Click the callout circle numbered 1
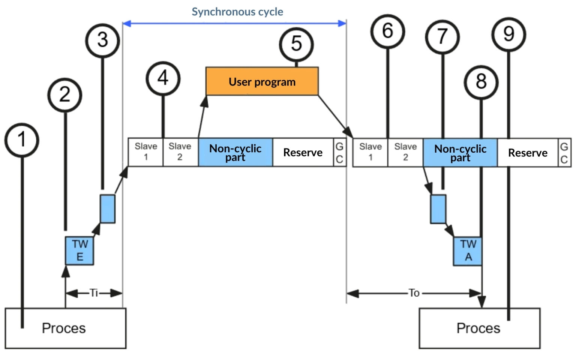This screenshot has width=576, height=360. coord(22,140)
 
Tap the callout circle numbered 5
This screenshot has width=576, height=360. coord(296,44)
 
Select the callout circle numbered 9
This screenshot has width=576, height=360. coord(508,34)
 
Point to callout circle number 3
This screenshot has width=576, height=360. coord(102,40)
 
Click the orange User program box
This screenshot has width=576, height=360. coord(262,81)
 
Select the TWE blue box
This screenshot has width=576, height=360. coord(79,250)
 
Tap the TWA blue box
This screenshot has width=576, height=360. coord(467,251)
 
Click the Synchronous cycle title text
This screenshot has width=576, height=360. coord(237,12)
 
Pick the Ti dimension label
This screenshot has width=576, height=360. coord(94,292)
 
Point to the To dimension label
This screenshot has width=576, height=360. coord(414,293)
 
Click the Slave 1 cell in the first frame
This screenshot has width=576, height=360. coord(145,152)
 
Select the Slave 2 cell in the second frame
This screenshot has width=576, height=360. coord(405,152)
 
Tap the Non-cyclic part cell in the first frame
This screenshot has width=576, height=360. coord(235,152)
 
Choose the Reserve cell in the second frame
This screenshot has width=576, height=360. coord(527,153)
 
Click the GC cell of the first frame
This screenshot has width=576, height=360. coord(339,152)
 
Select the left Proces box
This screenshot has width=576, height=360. coord(65,328)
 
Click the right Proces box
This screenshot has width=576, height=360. coord(479,328)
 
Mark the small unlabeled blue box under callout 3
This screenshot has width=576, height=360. coord(108,208)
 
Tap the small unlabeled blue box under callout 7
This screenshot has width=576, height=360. coord(438,209)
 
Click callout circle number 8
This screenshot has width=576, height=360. coord(481,82)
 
